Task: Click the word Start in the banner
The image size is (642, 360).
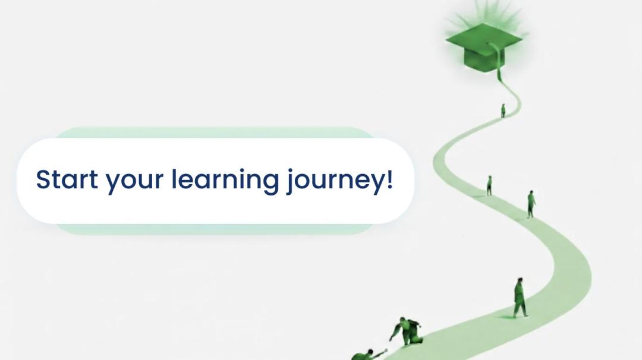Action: coord(67,179)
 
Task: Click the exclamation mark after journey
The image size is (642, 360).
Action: coord(389,179)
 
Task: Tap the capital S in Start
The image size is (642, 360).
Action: coord(44,179)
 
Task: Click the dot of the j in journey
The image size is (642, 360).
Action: coord(291,170)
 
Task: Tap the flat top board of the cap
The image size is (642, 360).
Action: coord(483,39)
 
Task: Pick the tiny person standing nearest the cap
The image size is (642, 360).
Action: coord(503,110)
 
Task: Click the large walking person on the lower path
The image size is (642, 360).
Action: coord(520,298)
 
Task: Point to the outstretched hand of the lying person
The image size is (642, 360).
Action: coord(385,350)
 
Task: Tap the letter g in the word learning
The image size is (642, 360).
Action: coord(270,184)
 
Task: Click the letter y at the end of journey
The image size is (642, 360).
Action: coord(376,184)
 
